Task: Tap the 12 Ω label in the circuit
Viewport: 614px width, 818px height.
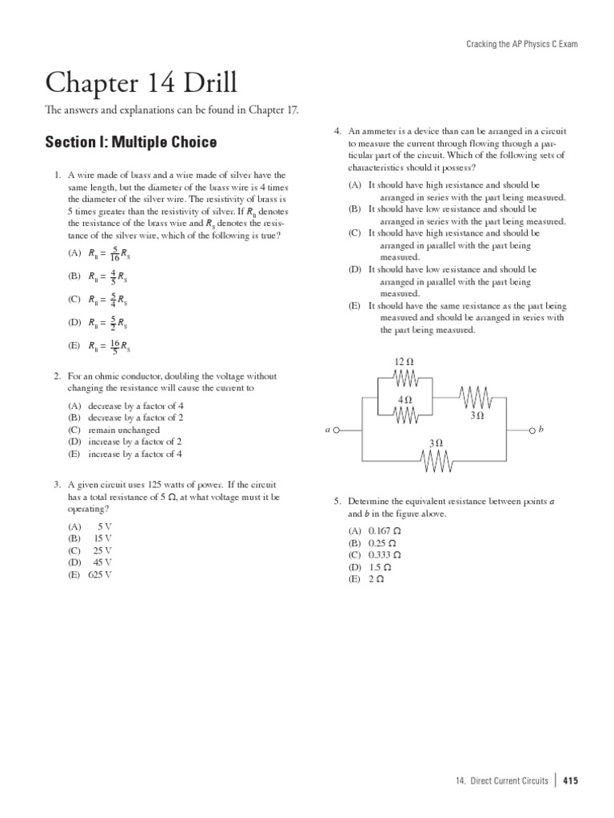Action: tap(404, 362)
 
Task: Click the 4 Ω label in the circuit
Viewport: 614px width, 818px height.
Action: tap(405, 399)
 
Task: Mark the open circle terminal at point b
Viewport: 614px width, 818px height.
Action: tap(531, 430)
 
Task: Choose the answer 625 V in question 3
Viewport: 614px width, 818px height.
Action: tap(100, 574)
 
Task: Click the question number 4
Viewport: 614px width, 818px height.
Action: tap(337, 130)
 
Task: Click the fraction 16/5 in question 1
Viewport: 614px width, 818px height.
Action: tap(114, 346)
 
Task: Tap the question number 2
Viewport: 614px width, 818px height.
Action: tap(58, 375)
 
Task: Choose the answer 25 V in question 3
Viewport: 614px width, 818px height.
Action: tap(102, 550)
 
